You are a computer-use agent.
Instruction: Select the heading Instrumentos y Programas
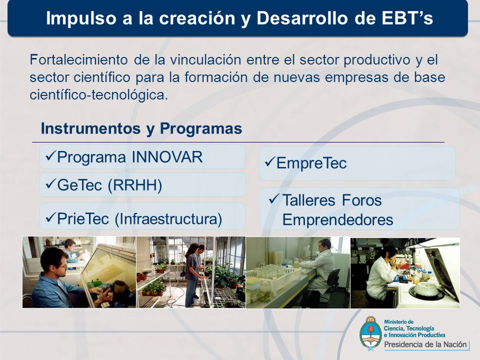tap(141, 128)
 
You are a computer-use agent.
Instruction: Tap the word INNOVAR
tap(167, 157)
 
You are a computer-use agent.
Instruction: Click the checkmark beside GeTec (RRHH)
tap(50, 183)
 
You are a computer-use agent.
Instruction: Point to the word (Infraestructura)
tap(168, 219)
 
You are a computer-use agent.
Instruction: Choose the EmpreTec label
tap(311, 163)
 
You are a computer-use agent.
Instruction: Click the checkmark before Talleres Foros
tap(274, 199)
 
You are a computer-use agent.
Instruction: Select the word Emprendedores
tap(337, 220)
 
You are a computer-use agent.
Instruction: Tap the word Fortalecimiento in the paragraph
tap(78, 59)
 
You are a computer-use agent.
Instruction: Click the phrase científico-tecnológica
tap(99, 95)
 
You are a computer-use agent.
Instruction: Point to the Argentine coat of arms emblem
tap(370, 333)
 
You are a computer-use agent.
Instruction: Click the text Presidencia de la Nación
tap(425, 344)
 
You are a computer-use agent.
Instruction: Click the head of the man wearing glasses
tap(54, 260)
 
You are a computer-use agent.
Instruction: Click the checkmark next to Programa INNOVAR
tap(50, 156)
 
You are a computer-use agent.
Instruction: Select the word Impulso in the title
tap(81, 18)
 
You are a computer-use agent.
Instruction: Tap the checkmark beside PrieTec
tap(50, 217)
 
